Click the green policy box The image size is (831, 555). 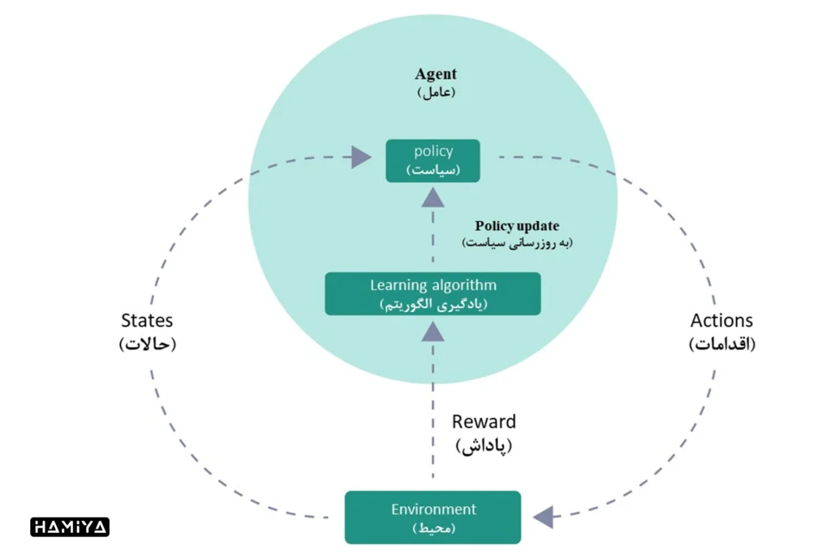(x=433, y=161)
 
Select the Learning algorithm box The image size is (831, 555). (x=433, y=293)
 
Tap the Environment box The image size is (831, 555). (x=433, y=518)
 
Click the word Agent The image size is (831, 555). (x=436, y=74)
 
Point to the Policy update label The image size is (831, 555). (x=517, y=226)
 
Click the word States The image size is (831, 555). (x=147, y=321)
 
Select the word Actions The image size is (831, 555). (x=721, y=321)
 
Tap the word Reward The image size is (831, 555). (x=484, y=422)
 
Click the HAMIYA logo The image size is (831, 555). (x=70, y=527)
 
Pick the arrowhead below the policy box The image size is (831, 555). (x=433, y=196)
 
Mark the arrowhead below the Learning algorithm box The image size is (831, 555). (x=433, y=329)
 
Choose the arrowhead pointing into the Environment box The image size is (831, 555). (x=543, y=516)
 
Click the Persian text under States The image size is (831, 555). (x=147, y=344)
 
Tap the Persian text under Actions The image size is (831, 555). (x=722, y=344)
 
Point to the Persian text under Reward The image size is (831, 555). (x=484, y=445)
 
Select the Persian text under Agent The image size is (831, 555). (x=437, y=92)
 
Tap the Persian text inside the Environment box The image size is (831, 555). (x=433, y=528)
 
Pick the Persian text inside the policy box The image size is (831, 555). (x=433, y=170)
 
